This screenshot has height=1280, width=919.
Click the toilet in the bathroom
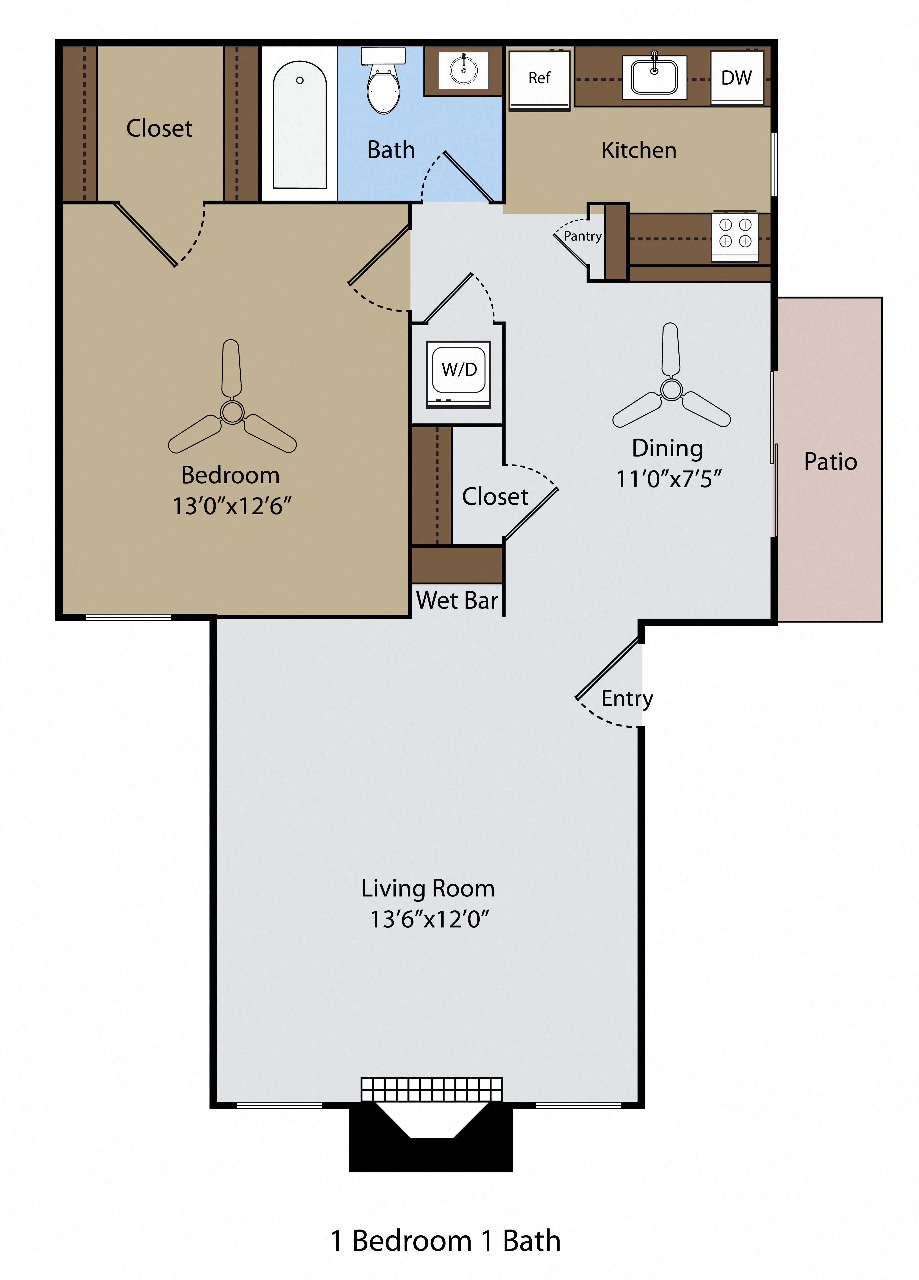tap(383, 85)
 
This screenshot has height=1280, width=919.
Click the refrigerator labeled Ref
tap(539, 79)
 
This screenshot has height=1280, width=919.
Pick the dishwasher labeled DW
tap(737, 78)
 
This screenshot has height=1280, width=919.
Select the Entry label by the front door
tap(627, 699)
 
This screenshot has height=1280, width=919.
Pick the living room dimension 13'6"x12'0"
tap(429, 919)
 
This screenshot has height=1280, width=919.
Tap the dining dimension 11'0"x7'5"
tap(668, 479)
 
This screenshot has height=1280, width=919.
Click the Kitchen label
tap(638, 150)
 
